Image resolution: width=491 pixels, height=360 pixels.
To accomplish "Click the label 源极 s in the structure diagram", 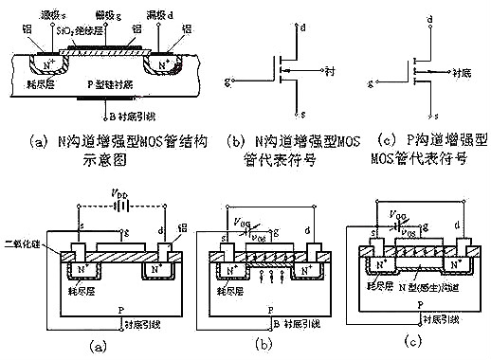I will point(50,16).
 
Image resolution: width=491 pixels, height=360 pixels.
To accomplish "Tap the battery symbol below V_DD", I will point(117,206).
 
